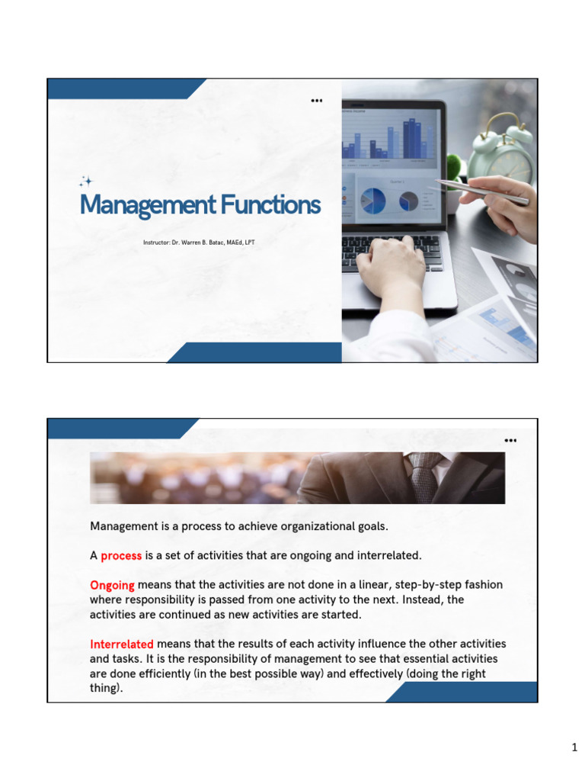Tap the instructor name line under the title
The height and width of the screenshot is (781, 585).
204,243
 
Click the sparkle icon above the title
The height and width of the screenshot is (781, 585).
86,182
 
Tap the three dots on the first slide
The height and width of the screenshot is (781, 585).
316,101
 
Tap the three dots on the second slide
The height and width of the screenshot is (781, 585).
510,440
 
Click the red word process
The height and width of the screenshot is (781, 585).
121,555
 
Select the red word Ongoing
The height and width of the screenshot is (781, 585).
112,585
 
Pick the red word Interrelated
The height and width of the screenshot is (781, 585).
122,644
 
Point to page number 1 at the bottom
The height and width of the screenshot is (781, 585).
575,748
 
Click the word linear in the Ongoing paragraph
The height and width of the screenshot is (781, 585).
356,585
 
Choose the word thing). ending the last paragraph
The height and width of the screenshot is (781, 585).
107,688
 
